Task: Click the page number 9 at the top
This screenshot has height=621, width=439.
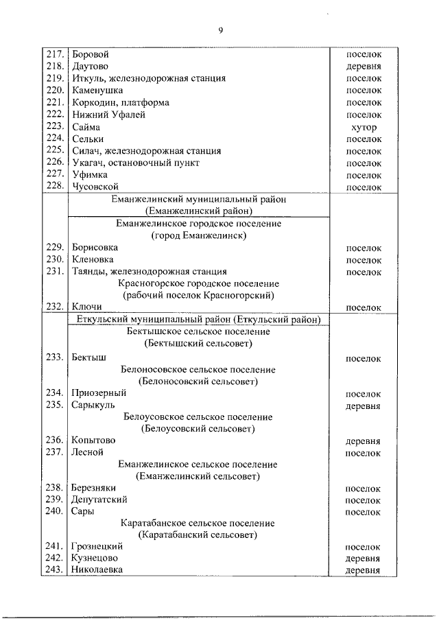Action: coord(220,30)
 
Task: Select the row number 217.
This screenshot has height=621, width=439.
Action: coord(54,54)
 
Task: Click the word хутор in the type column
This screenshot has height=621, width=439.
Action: coord(363,128)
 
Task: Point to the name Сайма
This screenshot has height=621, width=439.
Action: coord(85,127)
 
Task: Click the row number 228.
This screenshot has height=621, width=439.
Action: coord(54,187)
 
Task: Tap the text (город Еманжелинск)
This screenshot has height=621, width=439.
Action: coord(198,235)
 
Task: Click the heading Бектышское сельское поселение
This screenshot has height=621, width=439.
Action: coord(198,331)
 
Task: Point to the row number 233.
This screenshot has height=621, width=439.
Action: coord(54,358)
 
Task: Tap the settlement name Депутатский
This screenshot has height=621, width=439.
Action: coord(99,500)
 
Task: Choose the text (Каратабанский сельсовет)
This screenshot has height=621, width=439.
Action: coord(198,535)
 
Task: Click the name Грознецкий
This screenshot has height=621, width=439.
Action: coord(97,546)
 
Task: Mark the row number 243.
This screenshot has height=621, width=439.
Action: coord(54,570)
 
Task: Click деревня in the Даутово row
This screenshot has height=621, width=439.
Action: coord(363,67)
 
